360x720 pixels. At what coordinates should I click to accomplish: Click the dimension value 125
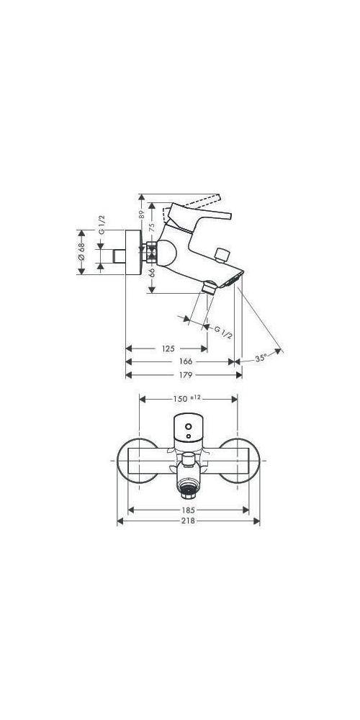167,348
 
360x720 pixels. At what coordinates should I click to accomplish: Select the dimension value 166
185,361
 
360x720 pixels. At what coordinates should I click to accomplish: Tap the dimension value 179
185,374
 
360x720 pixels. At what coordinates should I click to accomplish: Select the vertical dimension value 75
152,227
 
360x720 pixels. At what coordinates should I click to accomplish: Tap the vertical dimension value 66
152,273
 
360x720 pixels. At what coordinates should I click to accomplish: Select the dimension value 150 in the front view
179,398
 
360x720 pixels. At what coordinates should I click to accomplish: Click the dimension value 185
188,509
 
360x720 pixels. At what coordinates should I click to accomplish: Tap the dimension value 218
188,521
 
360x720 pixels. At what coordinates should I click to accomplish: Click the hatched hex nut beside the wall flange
152,253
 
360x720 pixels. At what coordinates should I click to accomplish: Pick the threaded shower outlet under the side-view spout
210,288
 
